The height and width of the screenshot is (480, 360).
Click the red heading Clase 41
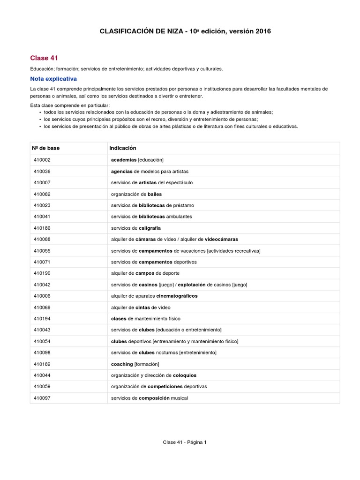pyautogui.click(x=44, y=58)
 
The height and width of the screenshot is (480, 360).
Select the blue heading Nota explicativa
pyautogui.click(x=53, y=79)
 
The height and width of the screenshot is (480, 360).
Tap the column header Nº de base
pyautogui.click(x=46, y=148)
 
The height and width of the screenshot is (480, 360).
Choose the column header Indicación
pyautogui.click(x=123, y=148)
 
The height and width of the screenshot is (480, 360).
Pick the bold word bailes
pyautogui.click(x=155, y=194)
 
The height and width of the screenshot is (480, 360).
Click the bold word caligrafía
pyautogui.click(x=150, y=228)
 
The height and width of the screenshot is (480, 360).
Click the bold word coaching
pyautogui.click(x=122, y=364)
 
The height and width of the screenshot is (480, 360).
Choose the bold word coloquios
pyautogui.click(x=185, y=375)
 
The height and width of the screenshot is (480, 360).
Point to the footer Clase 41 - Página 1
pyautogui.click(x=185, y=442)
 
